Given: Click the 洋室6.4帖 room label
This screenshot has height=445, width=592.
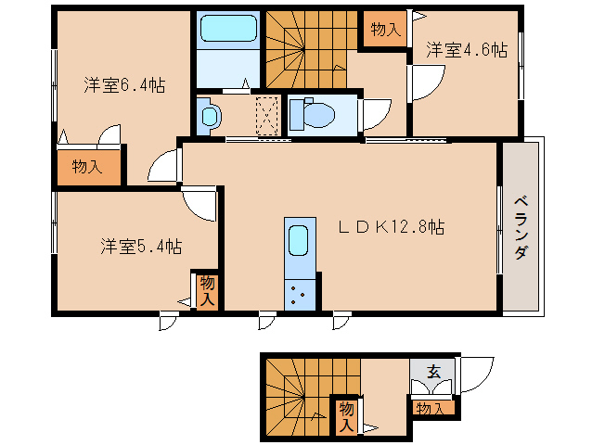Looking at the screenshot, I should pos(123,85).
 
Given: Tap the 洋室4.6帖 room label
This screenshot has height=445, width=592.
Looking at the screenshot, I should pos(466,51).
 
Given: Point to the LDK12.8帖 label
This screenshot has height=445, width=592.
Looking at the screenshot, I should pos(390,225).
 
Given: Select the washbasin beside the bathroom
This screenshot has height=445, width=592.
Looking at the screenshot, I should pos(210,116).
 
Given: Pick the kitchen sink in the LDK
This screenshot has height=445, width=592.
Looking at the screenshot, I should pos(297,240).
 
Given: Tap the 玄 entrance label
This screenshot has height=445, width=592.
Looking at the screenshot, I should pos(432,373).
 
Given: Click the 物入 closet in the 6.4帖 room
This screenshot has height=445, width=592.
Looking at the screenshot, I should pos(86,167).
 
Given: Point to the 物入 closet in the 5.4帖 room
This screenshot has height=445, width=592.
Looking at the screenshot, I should pos(207,290).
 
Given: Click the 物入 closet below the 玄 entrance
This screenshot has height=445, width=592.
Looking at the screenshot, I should pos(431,407).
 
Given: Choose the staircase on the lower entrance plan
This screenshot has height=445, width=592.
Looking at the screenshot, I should pos(297,394).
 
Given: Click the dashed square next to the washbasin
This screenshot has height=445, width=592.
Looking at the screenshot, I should pos(268,116).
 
